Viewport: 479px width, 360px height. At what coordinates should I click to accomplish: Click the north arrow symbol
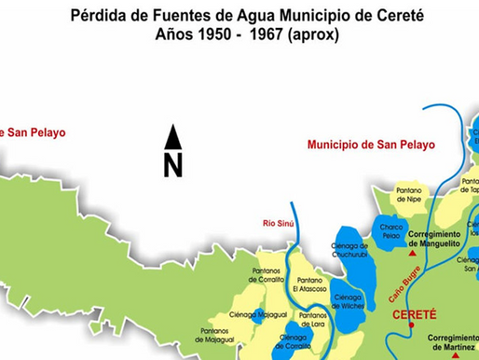pyautogui.click(x=172, y=151)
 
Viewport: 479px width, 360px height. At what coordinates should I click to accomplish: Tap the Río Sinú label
pyautogui.click(x=279, y=222)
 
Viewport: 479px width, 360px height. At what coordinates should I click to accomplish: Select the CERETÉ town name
pyautogui.click(x=415, y=314)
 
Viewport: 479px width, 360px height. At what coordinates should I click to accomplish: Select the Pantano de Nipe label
pyautogui.click(x=409, y=196)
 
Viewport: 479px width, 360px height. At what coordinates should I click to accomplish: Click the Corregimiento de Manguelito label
pyautogui.click(x=435, y=238)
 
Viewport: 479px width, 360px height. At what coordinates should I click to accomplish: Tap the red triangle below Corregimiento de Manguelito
pyautogui.click(x=411, y=253)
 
